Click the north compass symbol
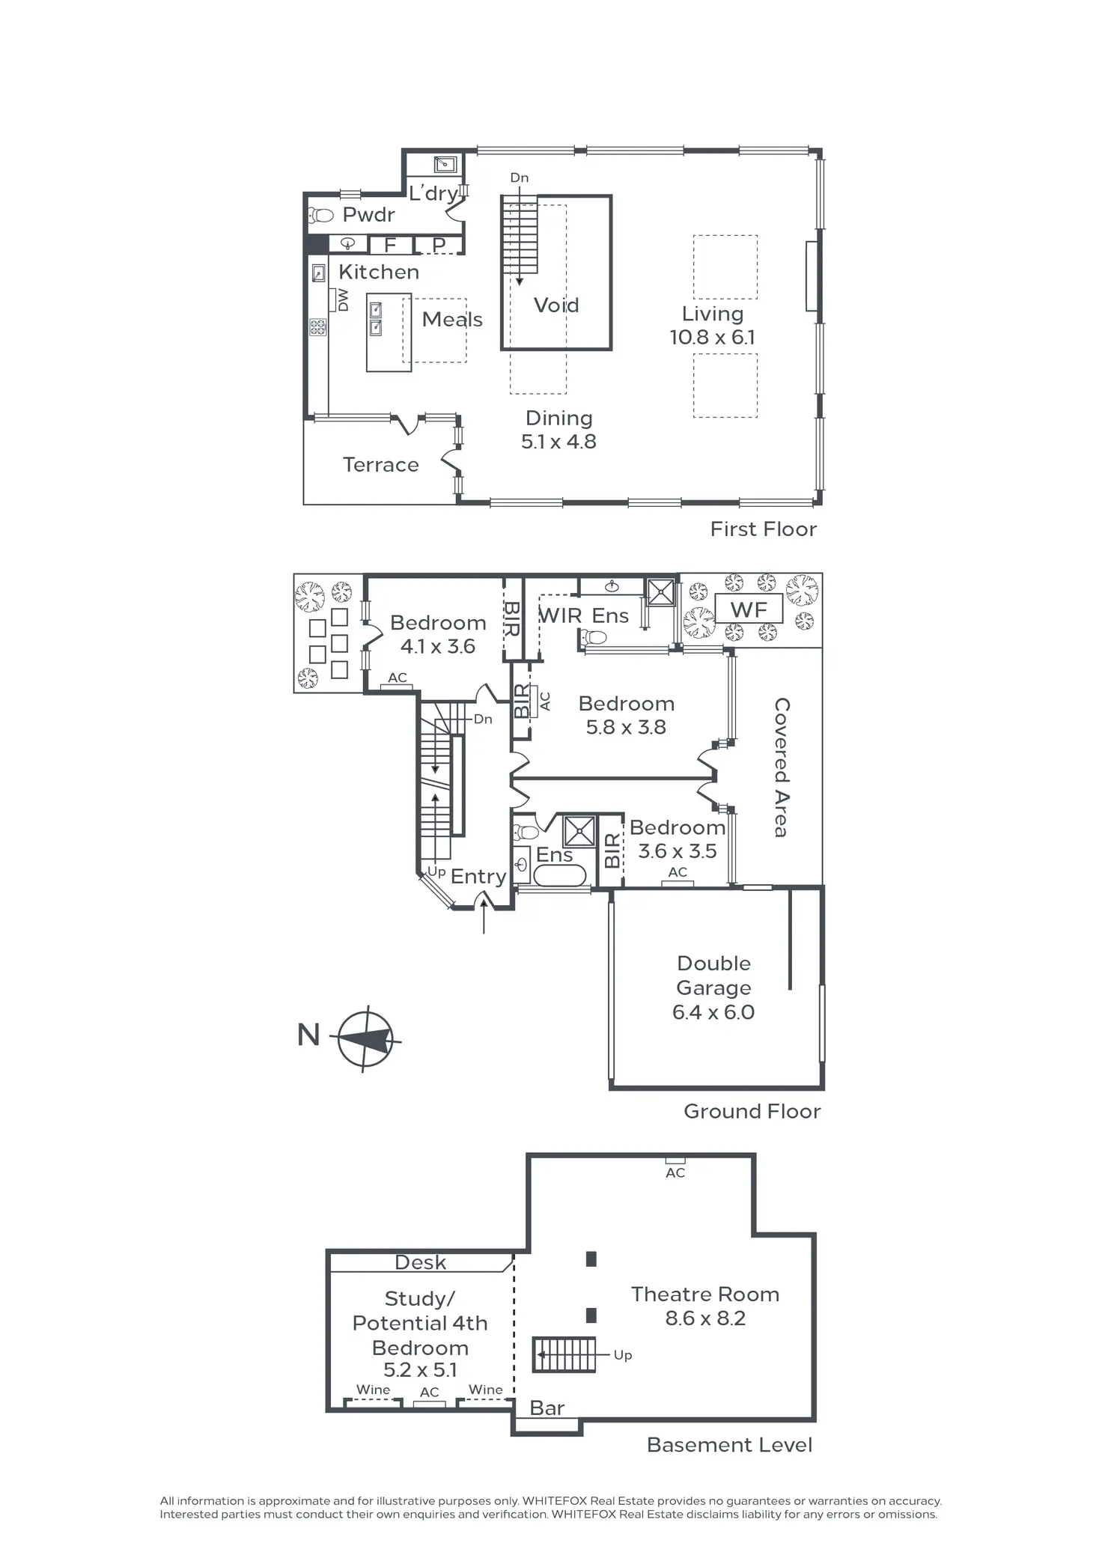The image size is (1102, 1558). click(365, 1039)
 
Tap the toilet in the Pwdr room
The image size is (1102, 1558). click(320, 216)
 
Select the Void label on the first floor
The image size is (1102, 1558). click(556, 305)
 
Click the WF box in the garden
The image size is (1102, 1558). click(749, 610)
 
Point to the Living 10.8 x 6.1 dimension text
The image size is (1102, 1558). click(712, 337)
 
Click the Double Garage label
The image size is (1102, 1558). click(713, 976)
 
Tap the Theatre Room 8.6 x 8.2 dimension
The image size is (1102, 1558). click(705, 1318)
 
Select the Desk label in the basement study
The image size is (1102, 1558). click(420, 1263)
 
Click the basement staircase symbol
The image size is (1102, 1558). click(564, 1354)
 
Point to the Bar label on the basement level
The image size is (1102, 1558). click(547, 1408)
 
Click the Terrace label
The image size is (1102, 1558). click(380, 465)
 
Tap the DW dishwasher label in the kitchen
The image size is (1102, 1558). click(343, 300)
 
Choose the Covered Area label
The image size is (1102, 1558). click(781, 767)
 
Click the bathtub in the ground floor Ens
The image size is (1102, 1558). click(559, 875)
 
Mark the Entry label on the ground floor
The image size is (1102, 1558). click(478, 876)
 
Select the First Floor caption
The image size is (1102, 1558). click(763, 529)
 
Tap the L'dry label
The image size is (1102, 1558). click(433, 193)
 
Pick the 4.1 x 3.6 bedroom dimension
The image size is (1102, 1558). click(438, 646)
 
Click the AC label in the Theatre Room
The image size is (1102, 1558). click(675, 1172)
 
